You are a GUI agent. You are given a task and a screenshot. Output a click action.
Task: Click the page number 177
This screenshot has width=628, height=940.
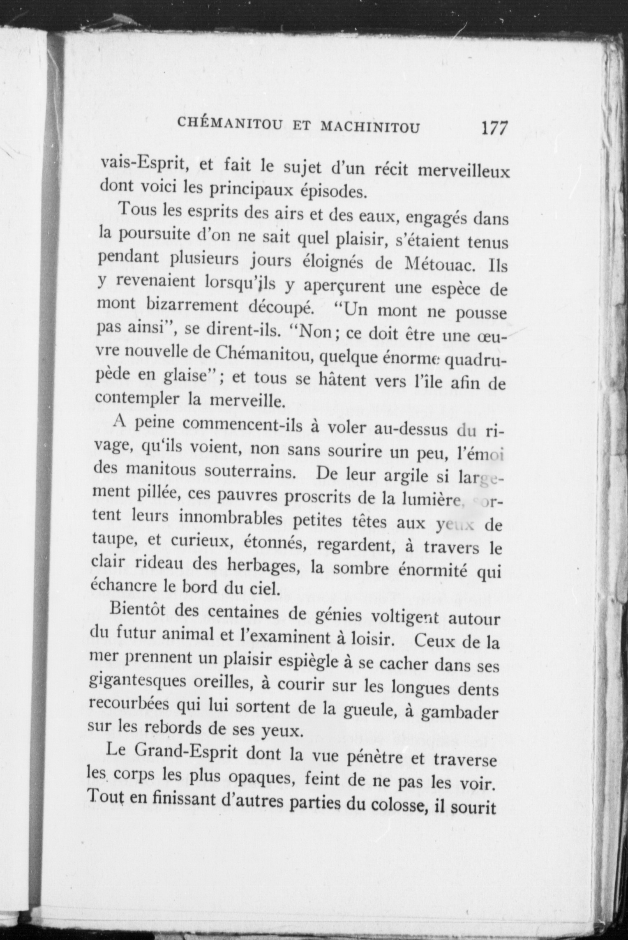tap(494, 129)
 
